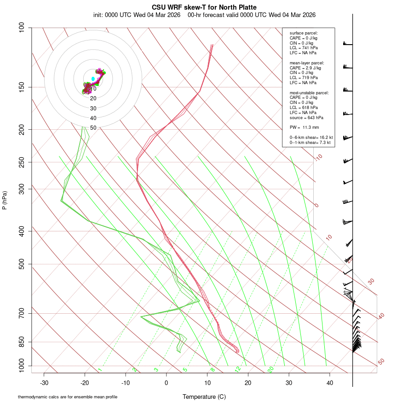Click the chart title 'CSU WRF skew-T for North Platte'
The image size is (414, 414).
pyautogui.click(x=204, y=7)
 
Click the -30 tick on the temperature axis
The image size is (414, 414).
pyautogui.click(x=44, y=383)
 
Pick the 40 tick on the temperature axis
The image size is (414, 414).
pyautogui.click(x=329, y=383)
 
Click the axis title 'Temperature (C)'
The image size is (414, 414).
pyautogui.click(x=204, y=397)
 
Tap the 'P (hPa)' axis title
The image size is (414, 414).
pyautogui.click(x=5, y=200)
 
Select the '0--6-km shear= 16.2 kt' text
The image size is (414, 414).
pyautogui.click(x=311, y=137)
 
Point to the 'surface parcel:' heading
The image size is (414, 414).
pyautogui.click(x=304, y=33)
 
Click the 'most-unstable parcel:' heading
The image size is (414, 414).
pyautogui.click(x=309, y=93)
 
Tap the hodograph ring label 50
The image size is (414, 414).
pyautogui.click(x=93, y=128)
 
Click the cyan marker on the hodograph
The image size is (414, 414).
pyautogui.click(x=93, y=79)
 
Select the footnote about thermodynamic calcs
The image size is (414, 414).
pyautogui.click(x=68, y=397)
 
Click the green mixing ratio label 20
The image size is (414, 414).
pyautogui.click(x=271, y=369)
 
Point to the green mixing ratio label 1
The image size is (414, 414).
pyautogui.click(x=100, y=369)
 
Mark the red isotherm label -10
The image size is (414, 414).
pyautogui.click(x=318, y=157)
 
